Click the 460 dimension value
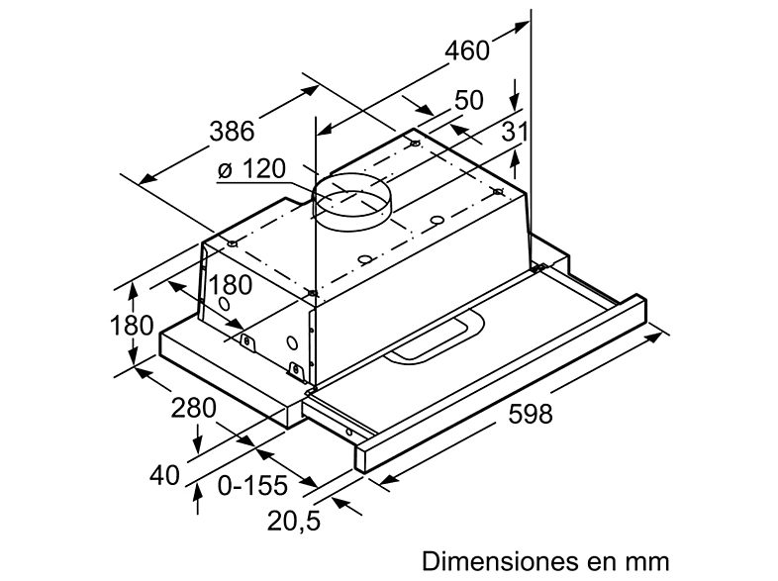click(x=467, y=50)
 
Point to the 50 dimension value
click(x=469, y=101)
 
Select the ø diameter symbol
click(x=225, y=171)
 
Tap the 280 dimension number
click(x=192, y=408)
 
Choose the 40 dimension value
click(x=166, y=474)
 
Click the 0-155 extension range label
click(x=252, y=485)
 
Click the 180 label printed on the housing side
click(x=232, y=285)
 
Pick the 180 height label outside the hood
click(x=133, y=325)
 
